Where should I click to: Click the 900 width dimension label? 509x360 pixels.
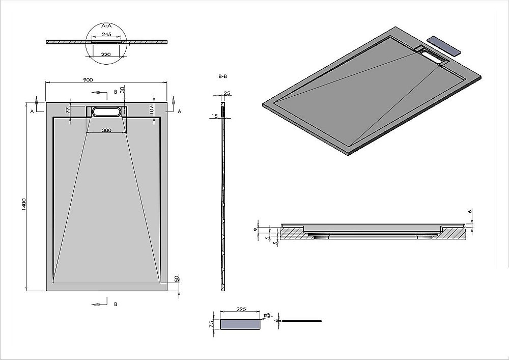[88, 80]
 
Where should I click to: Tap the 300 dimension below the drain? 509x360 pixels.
[106, 130]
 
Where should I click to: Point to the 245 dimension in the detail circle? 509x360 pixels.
[106, 34]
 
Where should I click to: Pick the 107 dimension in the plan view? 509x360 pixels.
[152, 108]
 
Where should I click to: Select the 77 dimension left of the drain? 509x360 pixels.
[68, 109]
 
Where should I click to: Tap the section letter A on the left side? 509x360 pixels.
[32, 110]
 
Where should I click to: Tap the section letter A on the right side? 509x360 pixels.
[179, 110]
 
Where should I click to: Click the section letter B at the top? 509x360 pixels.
[116, 92]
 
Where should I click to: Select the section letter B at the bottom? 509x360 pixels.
[116, 304]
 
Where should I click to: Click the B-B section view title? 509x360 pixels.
[222, 76]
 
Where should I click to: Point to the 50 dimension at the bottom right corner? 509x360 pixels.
[177, 279]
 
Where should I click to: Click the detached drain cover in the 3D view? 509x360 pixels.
[444, 45]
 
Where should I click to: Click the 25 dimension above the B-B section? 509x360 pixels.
[227, 93]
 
